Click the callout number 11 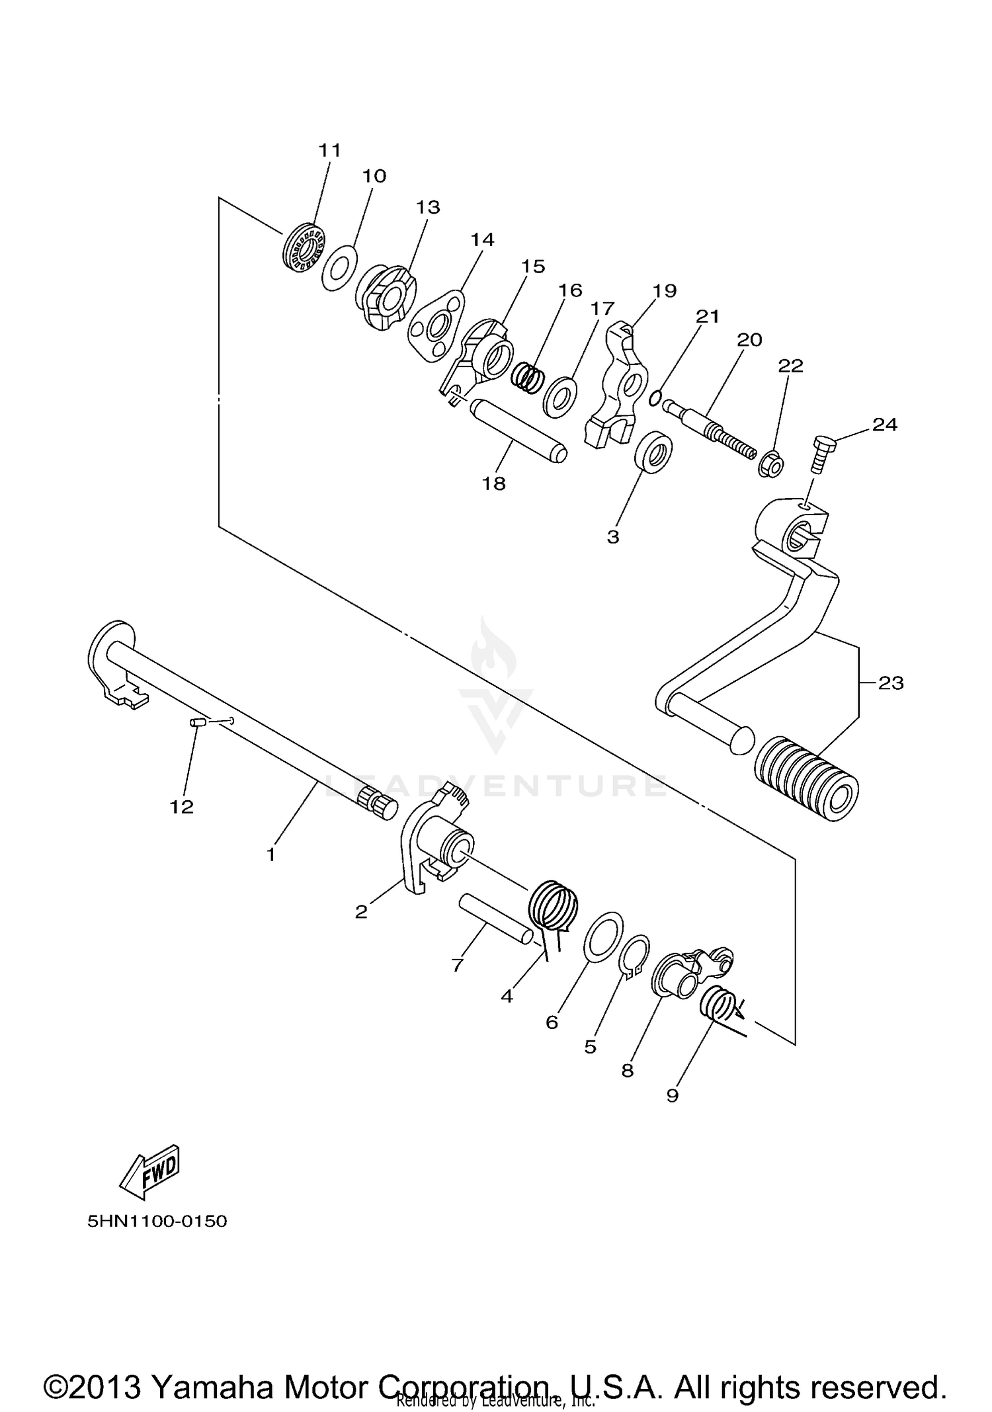point(329,151)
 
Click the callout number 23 point(890,683)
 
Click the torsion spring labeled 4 point(554,907)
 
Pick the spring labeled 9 point(717,1005)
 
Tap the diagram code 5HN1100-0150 point(157,1221)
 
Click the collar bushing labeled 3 point(654,453)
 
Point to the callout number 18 point(493,483)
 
